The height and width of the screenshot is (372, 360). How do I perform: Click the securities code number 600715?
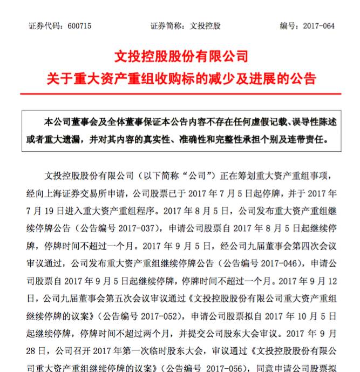(x=80, y=26)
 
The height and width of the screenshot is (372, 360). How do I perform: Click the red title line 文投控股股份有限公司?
(x=181, y=56)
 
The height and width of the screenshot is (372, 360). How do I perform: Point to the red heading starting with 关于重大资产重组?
(x=181, y=79)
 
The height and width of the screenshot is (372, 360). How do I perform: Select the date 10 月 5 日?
(x=318, y=314)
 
